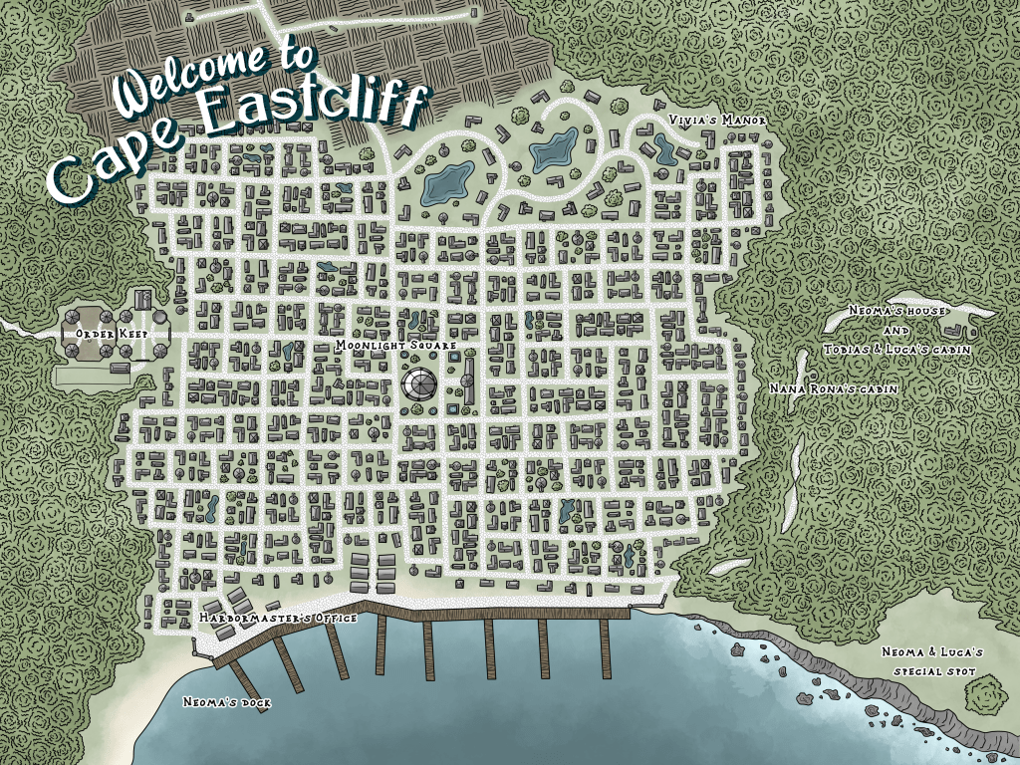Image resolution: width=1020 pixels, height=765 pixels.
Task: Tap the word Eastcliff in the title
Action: pos(314,110)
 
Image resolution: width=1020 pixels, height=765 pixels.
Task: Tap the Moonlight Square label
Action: pos(395,345)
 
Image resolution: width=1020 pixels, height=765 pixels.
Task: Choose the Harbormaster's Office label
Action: pos(278,619)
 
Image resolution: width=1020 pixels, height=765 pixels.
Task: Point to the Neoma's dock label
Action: pos(227,702)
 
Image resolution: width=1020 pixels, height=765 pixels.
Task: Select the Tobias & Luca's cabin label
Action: pos(897,350)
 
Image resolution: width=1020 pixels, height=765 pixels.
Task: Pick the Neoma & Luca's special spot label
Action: pos(933,661)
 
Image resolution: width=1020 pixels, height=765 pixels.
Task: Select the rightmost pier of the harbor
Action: pos(605,647)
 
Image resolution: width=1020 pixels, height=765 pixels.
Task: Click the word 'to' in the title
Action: pos(291,57)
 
